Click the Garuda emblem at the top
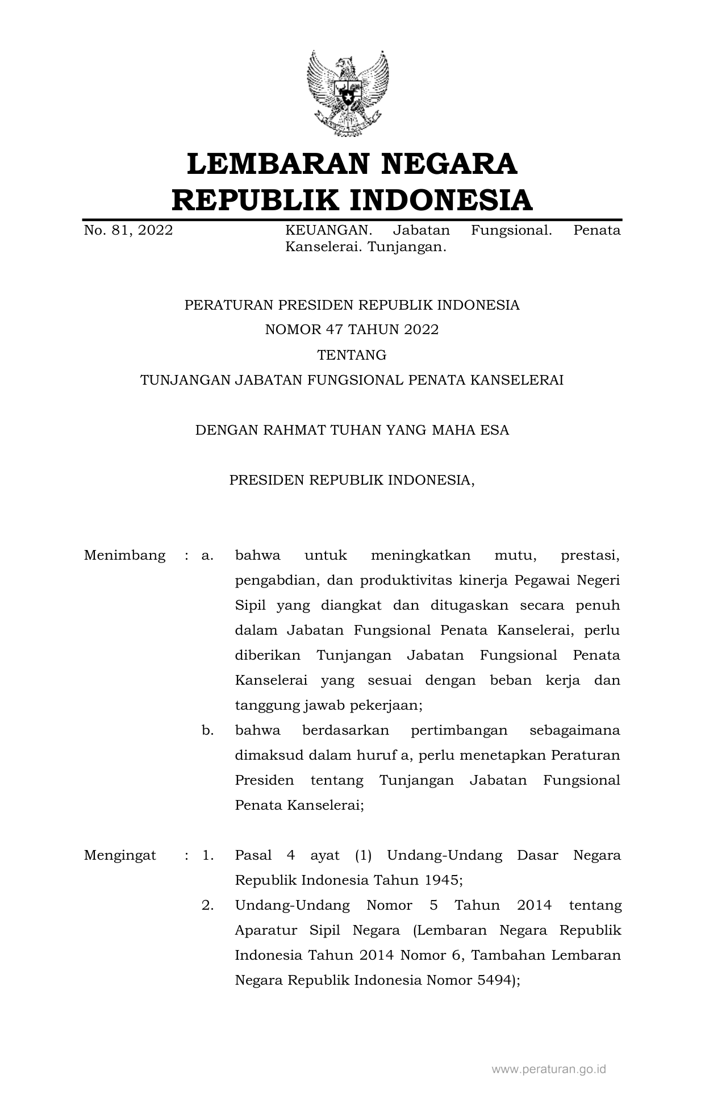348,94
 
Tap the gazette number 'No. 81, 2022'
128,230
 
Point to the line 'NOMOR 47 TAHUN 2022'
352,330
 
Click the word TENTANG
352,355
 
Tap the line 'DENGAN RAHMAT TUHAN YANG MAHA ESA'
352,430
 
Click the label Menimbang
124,555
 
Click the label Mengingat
120,855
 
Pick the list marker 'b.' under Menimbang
207,730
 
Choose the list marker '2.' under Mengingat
207,905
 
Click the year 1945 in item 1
441,880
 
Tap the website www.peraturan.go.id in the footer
548,1069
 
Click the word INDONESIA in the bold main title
440,201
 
